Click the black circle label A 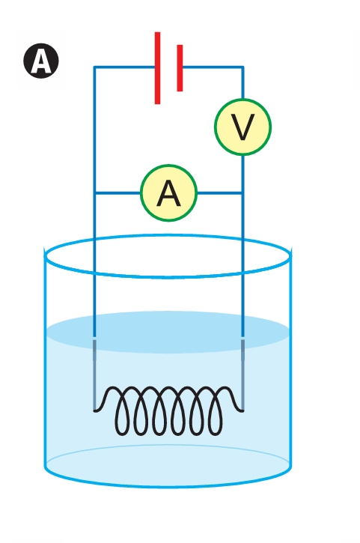point(41,61)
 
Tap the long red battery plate point(157,68)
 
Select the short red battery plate point(180,68)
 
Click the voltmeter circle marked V point(242,127)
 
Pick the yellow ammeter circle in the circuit point(169,193)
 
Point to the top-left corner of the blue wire point(94,67)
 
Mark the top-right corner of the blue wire point(242,67)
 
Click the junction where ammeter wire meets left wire point(94,193)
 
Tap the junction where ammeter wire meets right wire point(242,193)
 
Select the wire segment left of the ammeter point(118,193)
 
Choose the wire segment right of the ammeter point(220,193)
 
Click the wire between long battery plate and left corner point(124,67)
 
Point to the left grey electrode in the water point(94,374)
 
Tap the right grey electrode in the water point(242,374)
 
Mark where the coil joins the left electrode point(94,410)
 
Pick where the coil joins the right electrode point(242,410)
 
